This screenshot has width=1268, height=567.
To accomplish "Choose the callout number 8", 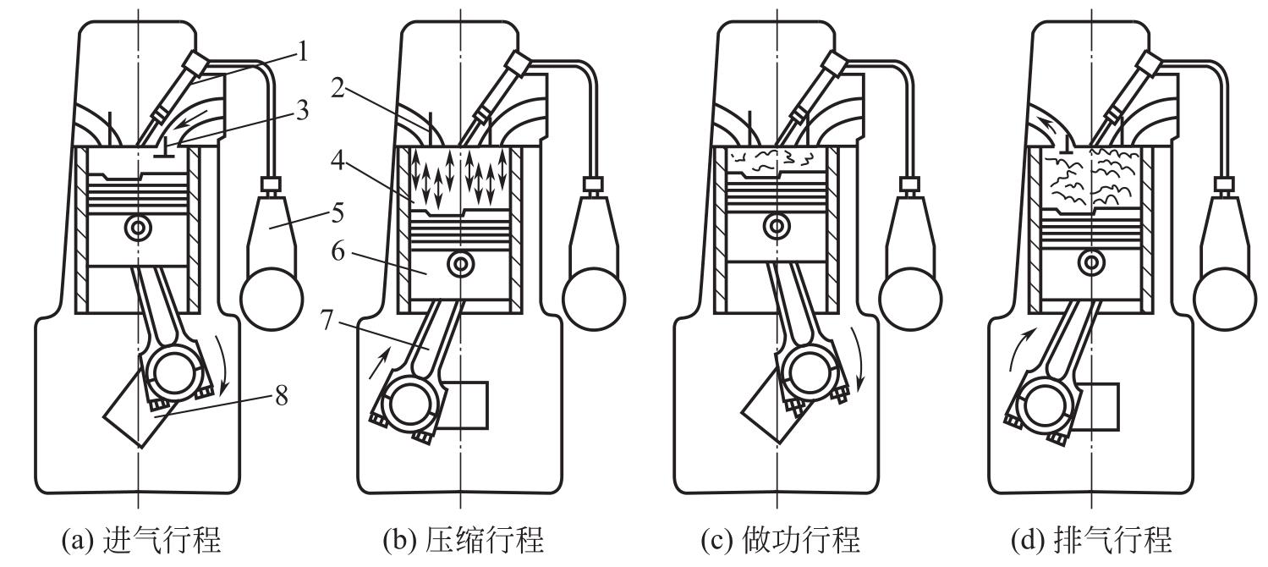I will click(280, 396).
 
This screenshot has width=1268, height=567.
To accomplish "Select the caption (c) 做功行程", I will click(779, 539).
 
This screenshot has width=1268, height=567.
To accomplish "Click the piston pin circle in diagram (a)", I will click(135, 228).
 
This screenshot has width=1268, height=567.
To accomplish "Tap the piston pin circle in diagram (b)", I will click(460, 263).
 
